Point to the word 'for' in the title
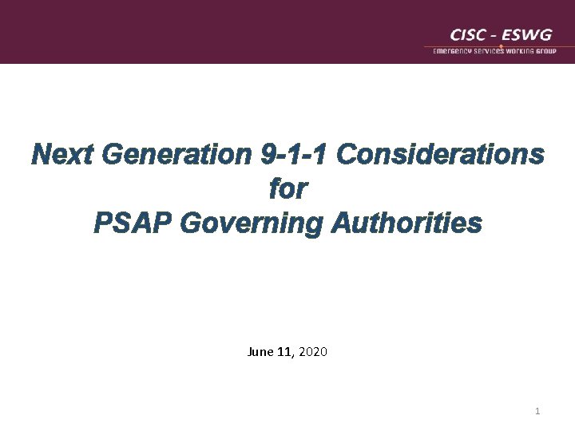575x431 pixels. coord(287,189)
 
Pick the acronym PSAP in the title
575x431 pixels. coord(133,223)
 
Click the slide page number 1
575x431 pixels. coord(537,411)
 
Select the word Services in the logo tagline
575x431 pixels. coord(494,51)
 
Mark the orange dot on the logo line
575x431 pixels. coord(500,45)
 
